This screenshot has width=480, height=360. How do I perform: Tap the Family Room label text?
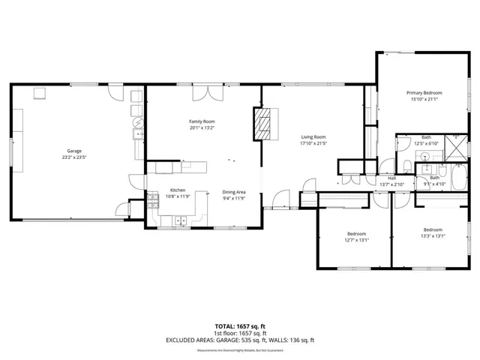(x=201, y=121)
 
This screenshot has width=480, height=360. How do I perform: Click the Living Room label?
(x=313, y=136)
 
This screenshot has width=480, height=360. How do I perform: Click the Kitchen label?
(x=178, y=190)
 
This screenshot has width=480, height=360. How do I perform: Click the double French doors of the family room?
(x=204, y=93)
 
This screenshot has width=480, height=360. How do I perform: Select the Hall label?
(x=391, y=178)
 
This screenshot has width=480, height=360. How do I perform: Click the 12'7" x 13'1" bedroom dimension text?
(x=357, y=240)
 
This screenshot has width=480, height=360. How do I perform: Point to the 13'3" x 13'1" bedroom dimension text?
(x=433, y=235)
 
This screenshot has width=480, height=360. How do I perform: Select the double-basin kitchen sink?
(x=180, y=220)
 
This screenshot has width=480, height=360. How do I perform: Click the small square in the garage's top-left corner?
(x=40, y=93)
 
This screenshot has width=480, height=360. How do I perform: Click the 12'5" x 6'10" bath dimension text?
(x=426, y=143)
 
